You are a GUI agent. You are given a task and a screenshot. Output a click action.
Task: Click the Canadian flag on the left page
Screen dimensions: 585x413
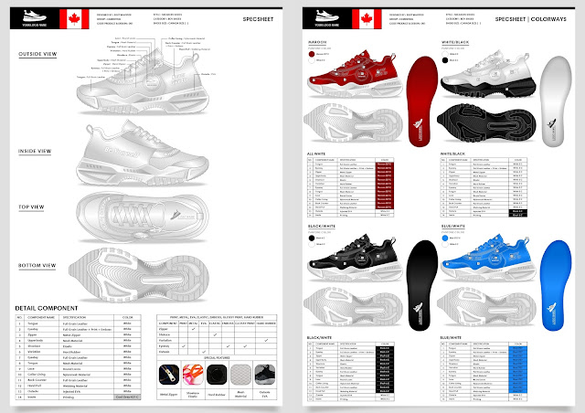click(x=73, y=16)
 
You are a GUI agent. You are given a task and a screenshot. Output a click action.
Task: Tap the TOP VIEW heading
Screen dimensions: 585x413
click(x=38, y=207)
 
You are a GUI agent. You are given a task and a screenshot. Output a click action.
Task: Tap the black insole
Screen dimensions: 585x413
click(x=419, y=274)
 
